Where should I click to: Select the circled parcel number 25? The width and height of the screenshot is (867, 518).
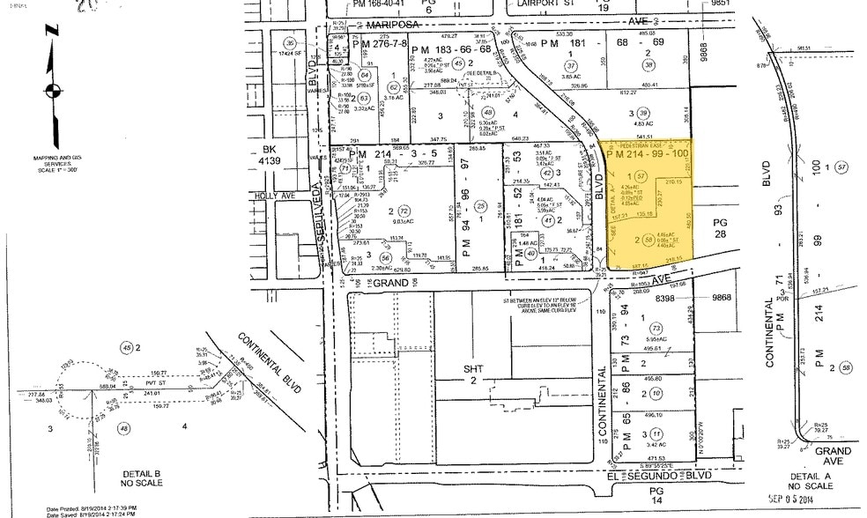click(481, 206)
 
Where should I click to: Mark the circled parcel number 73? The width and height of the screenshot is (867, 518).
click(655, 328)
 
